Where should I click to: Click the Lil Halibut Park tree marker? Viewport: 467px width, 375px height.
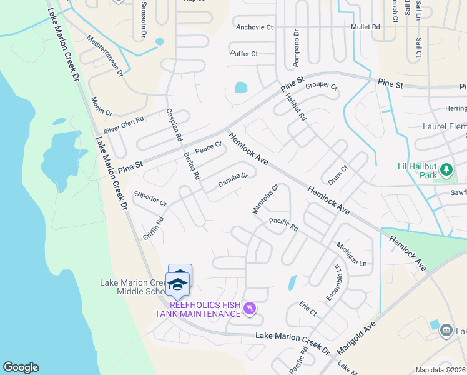coord(446,169)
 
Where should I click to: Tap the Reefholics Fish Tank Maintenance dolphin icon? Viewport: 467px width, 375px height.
coord(249,309)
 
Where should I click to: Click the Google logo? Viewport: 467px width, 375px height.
coord(21,367)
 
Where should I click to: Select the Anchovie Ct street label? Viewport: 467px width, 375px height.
coord(255,27)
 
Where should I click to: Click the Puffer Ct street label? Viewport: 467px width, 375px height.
coord(244,54)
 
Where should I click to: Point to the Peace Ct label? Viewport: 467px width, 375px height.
coord(209,149)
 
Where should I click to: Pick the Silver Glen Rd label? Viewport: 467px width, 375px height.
coord(124,127)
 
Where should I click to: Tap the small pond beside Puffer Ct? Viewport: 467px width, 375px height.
coord(241,87)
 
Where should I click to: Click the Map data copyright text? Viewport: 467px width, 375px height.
coord(441,370)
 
